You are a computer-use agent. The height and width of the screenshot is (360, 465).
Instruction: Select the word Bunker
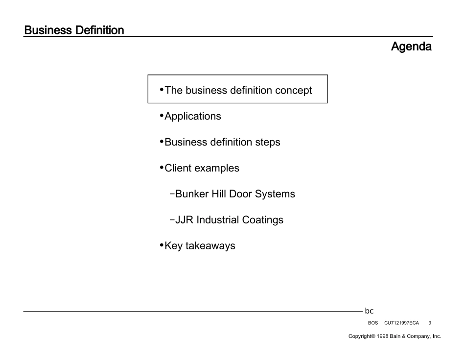(x=192, y=194)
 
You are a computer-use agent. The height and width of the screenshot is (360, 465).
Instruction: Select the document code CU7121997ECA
(x=401, y=323)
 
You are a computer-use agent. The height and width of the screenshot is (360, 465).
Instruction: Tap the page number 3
(x=429, y=323)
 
